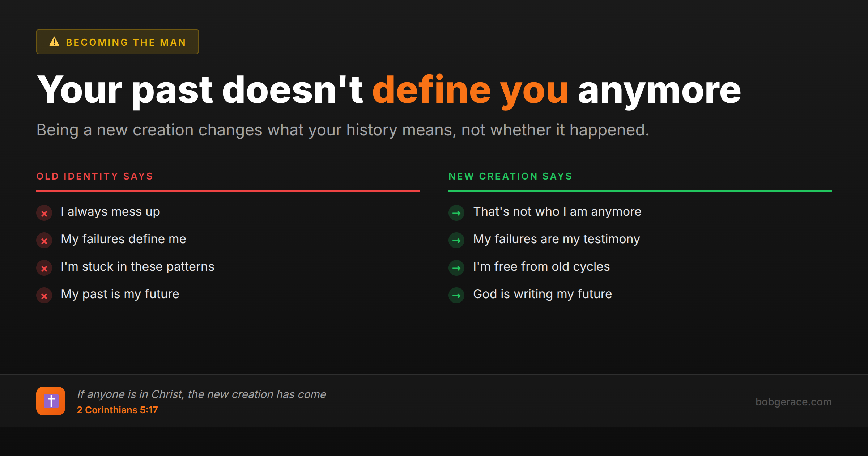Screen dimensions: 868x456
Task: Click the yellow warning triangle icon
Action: [54, 42]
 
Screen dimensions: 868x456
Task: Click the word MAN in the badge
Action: [173, 42]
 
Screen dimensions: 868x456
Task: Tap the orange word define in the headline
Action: [431, 90]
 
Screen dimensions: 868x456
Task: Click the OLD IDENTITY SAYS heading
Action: [95, 176]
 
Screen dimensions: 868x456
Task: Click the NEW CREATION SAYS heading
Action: [510, 176]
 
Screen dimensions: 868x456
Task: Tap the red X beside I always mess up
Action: [44, 213]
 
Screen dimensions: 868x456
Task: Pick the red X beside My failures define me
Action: [44, 241]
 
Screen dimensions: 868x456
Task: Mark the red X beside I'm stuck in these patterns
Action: [44, 268]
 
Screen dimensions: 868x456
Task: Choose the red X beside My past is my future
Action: [44, 296]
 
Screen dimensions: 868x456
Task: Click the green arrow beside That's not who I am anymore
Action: [456, 213]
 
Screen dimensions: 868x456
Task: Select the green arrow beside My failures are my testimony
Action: [456, 241]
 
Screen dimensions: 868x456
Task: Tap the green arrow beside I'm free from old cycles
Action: [456, 268]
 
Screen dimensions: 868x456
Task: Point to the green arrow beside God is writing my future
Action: [456, 296]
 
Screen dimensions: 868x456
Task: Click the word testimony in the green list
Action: [612, 240]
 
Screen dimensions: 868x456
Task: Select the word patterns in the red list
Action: [190, 267]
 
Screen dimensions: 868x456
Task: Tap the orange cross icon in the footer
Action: [51, 401]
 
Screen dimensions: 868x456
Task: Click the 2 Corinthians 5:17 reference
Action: [117, 410]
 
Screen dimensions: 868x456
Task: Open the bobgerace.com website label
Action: [793, 402]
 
